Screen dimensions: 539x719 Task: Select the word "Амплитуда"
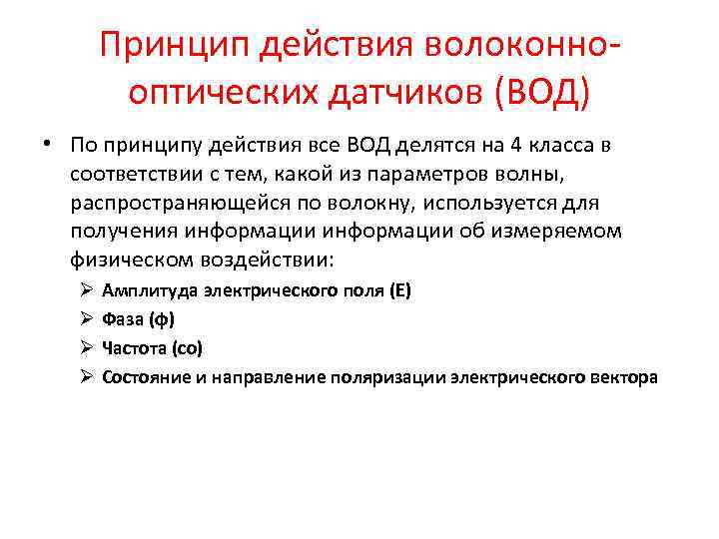pos(149,291)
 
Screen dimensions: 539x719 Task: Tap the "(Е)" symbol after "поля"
pos(398,291)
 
